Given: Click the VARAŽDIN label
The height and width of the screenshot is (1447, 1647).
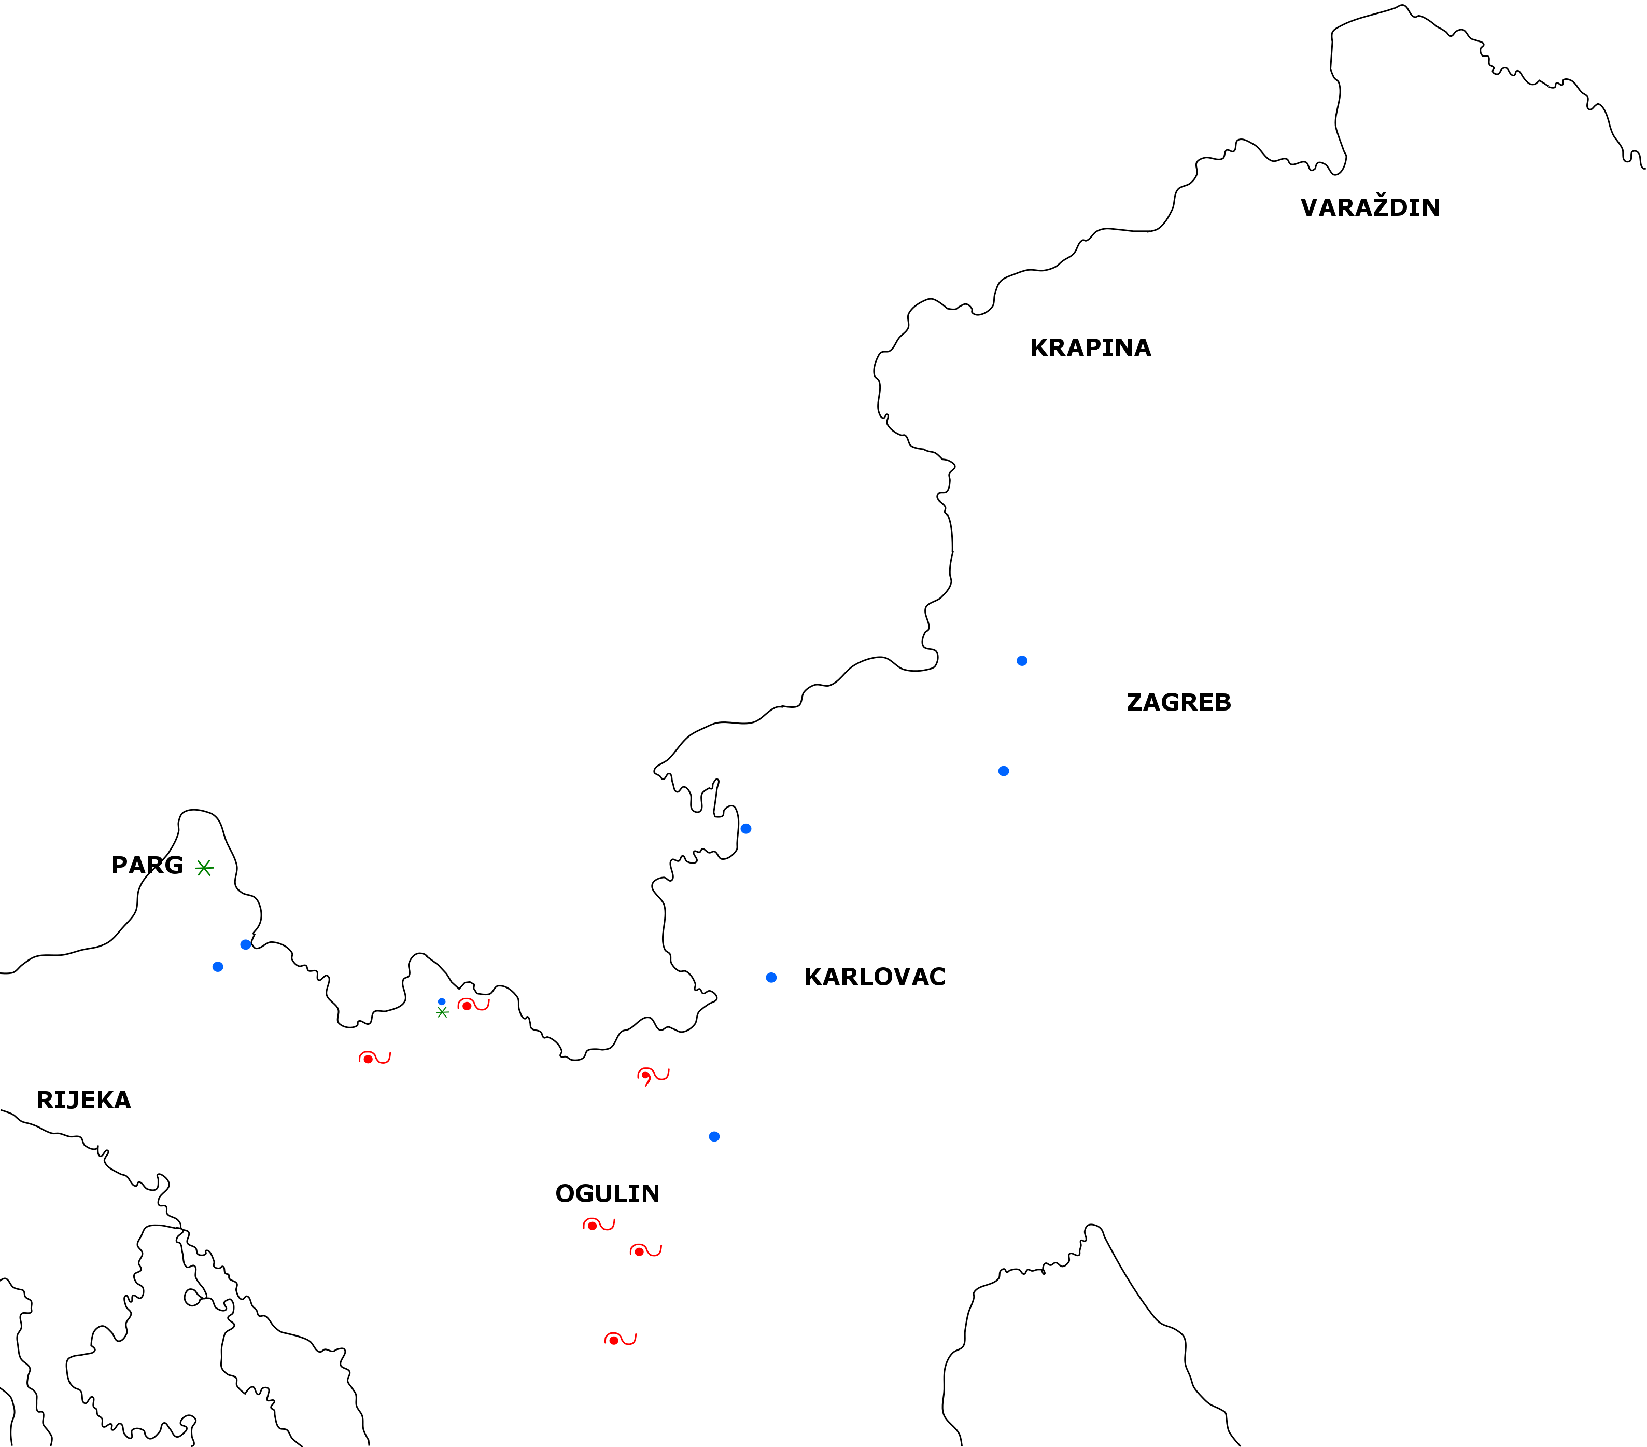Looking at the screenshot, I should [x=1370, y=207].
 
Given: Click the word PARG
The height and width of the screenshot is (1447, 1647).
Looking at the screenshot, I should [x=147, y=865].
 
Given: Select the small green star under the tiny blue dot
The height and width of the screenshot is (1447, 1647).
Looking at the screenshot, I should [x=442, y=1012].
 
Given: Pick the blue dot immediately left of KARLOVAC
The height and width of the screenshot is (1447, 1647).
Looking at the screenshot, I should [x=771, y=978].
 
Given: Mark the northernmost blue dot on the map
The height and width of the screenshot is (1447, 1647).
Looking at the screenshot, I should [x=1022, y=661].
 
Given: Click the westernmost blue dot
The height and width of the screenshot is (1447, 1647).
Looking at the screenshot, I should [x=218, y=967].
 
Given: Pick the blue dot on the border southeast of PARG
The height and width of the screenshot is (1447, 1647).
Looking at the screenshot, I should [x=246, y=945].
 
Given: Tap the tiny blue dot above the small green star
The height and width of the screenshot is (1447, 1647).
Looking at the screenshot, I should [x=442, y=1001].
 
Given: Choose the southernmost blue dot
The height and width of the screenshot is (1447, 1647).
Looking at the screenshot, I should [x=714, y=1137].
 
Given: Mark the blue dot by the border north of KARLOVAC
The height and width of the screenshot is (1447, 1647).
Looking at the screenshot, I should [x=746, y=829].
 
